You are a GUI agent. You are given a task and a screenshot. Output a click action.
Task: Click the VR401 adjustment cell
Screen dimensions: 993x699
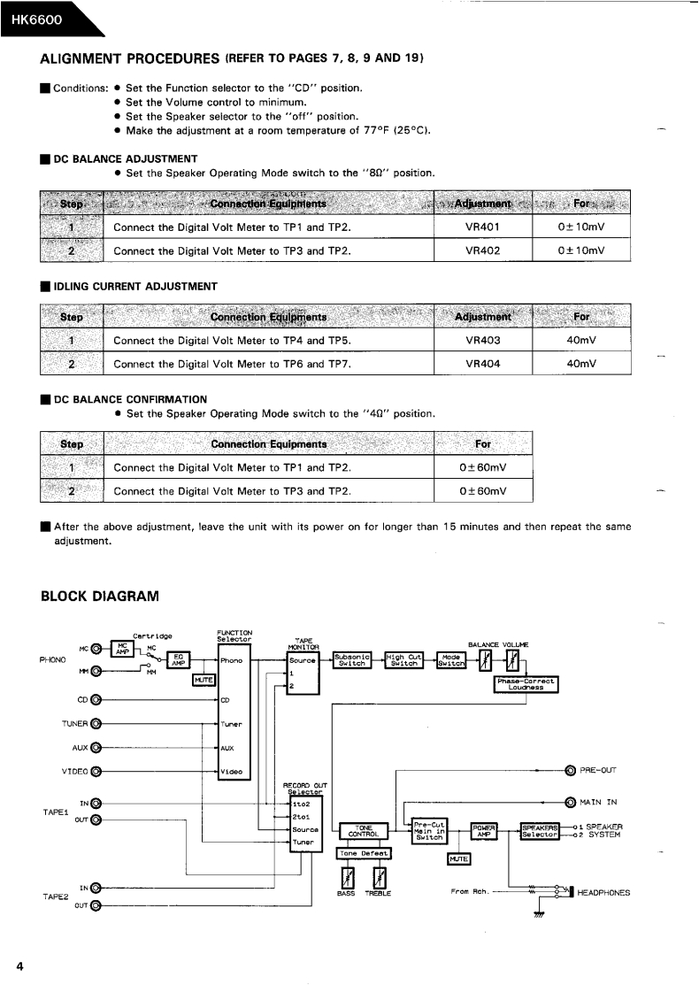pyautogui.click(x=483, y=227)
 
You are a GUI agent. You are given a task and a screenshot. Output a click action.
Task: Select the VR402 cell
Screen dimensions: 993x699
pyautogui.click(x=483, y=250)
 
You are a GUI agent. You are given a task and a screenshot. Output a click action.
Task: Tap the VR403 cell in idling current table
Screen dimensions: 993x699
pyautogui.click(x=483, y=340)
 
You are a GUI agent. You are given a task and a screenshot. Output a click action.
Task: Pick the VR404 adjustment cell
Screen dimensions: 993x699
pyautogui.click(x=483, y=363)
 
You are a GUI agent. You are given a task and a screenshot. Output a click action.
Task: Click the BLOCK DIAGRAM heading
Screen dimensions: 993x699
pyautogui.click(x=100, y=597)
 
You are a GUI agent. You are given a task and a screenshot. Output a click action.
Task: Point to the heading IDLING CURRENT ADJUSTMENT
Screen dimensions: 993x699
pyautogui.click(x=135, y=286)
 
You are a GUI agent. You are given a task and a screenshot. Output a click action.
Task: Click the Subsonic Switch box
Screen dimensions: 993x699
pyautogui.click(x=352, y=659)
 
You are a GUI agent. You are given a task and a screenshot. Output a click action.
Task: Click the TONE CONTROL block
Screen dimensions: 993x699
pyautogui.click(x=364, y=831)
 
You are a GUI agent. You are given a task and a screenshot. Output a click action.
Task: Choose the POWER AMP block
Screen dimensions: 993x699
pyautogui.click(x=484, y=830)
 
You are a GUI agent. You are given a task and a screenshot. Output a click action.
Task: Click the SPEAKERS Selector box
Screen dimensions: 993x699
pyautogui.click(x=540, y=830)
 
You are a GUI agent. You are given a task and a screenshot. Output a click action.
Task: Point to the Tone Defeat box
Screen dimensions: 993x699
pyautogui.click(x=364, y=853)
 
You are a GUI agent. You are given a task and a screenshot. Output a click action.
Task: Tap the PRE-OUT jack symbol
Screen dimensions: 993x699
pyautogui.click(x=571, y=770)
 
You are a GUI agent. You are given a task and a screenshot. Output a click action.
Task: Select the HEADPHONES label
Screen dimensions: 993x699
pyautogui.click(x=603, y=893)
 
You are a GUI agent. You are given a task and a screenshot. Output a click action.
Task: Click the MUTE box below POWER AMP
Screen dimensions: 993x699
pyautogui.click(x=459, y=858)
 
